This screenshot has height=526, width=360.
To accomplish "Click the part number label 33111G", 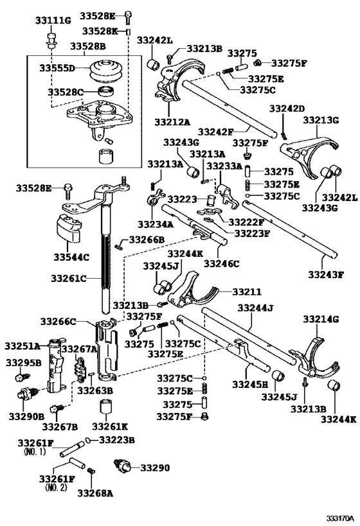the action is (x=53, y=21).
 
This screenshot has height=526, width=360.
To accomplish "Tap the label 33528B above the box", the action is (x=87, y=46).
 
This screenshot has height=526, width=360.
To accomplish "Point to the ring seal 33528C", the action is (x=107, y=91).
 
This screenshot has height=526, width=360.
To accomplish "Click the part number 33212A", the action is (x=172, y=121).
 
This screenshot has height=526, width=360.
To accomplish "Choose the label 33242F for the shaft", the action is (x=215, y=132).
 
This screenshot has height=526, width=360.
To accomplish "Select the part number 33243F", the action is (x=326, y=274).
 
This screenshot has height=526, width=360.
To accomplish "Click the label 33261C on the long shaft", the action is (x=69, y=278).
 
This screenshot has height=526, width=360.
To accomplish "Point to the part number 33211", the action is (x=247, y=292).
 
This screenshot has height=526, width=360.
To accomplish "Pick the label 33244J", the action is (x=256, y=308).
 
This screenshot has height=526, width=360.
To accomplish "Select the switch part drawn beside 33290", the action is (x=123, y=466).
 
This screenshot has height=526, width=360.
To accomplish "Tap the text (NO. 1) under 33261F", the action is (x=35, y=451).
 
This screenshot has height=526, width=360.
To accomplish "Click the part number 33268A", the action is (x=95, y=493).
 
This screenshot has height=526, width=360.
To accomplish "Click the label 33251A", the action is (x=22, y=346).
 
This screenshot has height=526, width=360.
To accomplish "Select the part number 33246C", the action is (x=221, y=264).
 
